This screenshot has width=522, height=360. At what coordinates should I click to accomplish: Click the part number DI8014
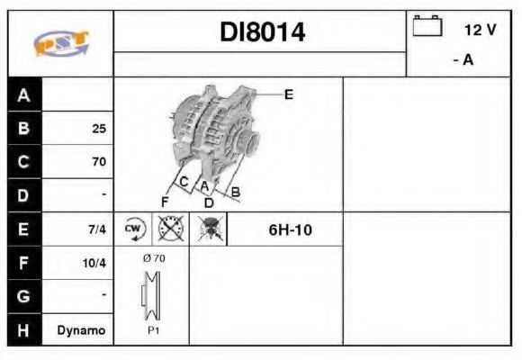click(x=262, y=32)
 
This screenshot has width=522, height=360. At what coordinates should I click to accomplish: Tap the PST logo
click(x=61, y=43)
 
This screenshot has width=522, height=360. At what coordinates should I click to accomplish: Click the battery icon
click(x=427, y=25)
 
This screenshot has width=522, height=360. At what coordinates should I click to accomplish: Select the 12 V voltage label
click(x=480, y=30)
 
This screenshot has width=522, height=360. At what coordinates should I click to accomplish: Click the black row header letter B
click(x=23, y=128)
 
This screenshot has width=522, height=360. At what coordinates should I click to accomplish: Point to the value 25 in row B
click(x=99, y=129)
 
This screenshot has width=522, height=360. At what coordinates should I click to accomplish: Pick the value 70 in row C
click(x=99, y=161)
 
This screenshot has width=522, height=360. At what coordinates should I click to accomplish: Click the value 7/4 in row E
click(x=97, y=229)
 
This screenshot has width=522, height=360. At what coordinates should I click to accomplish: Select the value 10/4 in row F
click(x=94, y=263)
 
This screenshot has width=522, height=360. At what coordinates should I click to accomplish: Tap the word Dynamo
click(x=81, y=330)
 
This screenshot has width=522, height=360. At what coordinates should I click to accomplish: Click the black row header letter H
click(x=23, y=330)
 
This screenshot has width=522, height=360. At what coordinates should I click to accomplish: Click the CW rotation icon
click(x=133, y=229)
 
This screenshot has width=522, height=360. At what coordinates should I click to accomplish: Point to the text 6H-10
click(x=290, y=229)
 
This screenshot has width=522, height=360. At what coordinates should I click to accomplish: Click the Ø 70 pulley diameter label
click(x=154, y=258)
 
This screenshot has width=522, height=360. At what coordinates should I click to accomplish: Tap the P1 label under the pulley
click(x=153, y=330)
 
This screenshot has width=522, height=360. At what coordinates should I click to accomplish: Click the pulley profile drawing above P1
click(x=151, y=295)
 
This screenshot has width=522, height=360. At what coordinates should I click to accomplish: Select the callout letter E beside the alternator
click(x=289, y=94)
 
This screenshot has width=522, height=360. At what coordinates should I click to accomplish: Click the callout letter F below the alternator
click(x=165, y=202)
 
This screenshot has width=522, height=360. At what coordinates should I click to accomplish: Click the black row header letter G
click(x=23, y=296)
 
